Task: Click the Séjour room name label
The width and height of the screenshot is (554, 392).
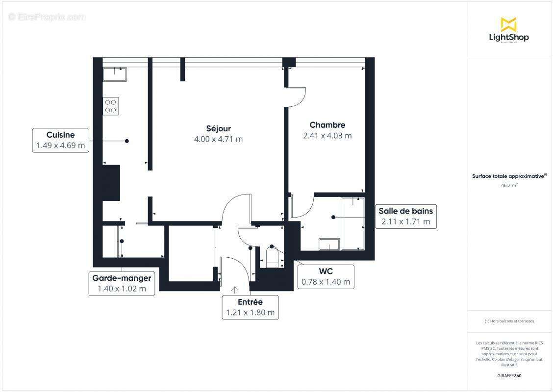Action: [x=219, y=128]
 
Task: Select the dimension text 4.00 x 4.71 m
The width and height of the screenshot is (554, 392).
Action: [x=219, y=139]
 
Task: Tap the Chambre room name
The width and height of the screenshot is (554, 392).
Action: [x=327, y=125]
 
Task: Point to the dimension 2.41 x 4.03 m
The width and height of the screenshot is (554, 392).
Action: [x=327, y=136]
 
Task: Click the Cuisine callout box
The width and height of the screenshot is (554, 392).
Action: [x=61, y=140]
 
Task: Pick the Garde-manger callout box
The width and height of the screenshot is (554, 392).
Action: [x=122, y=283]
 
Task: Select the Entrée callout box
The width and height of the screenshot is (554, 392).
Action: [x=250, y=307]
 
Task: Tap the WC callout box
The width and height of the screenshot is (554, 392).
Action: [x=326, y=276]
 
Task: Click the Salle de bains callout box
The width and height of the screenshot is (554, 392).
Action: [x=405, y=216]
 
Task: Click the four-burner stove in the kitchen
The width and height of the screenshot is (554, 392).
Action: [x=111, y=106]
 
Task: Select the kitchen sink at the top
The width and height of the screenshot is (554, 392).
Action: [x=115, y=74]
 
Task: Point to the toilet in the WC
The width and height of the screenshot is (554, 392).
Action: [x=272, y=256]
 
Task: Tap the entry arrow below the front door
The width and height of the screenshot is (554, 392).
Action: [x=234, y=290]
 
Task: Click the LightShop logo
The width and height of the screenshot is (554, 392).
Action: [x=508, y=30]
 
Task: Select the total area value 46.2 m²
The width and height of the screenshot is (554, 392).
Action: [x=509, y=186]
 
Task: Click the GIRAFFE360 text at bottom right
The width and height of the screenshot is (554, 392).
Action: [x=509, y=376]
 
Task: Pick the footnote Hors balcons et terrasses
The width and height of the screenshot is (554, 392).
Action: [x=509, y=321]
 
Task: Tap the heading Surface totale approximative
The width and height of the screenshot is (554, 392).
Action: [x=508, y=176]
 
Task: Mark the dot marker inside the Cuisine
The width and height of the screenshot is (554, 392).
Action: [x=127, y=141]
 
